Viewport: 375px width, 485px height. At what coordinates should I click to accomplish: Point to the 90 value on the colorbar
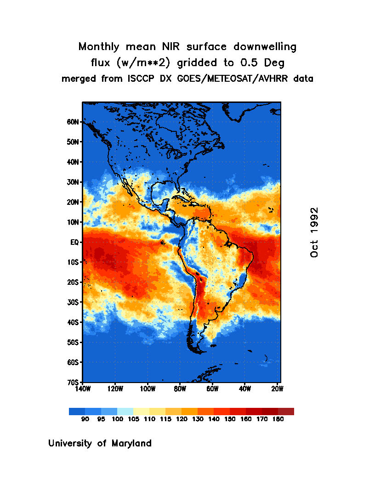(x=85, y=419)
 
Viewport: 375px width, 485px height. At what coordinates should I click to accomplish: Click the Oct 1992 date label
(x=314, y=232)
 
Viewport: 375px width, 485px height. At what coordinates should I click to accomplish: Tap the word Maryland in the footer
(x=131, y=444)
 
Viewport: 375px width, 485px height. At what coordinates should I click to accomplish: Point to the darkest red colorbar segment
(x=286, y=412)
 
